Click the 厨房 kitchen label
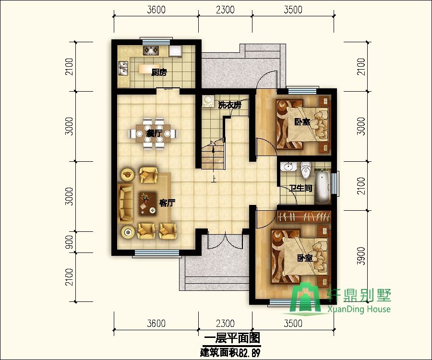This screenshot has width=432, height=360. click(159, 72)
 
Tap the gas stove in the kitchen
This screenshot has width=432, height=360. click(151, 50)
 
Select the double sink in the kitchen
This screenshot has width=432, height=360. click(123, 68)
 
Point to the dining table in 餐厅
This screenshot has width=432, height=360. click(153, 133)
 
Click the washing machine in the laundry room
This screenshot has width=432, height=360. click(208, 101)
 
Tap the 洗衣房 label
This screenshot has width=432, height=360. click(229, 105)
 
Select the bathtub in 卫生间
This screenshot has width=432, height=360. click(323, 187)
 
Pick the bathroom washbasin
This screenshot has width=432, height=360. click(288, 167)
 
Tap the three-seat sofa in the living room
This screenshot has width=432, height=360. click(126, 204)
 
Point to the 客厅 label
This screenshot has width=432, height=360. click(167, 203)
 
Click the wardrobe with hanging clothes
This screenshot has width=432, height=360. click(304, 216)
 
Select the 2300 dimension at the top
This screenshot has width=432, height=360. click(225, 10)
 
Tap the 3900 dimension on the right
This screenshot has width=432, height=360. click(360, 256)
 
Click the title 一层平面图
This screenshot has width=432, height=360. click(232, 338)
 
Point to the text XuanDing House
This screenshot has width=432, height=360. click(359, 309)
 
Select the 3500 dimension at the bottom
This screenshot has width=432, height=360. click(293, 323)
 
